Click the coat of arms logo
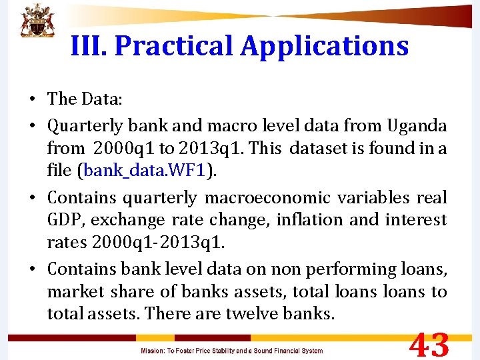pyautogui.click(x=36, y=21)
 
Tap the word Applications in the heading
pyautogui.click(x=325, y=46)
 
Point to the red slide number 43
pyautogui.click(x=429, y=345)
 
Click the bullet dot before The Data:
pyautogui.click(x=32, y=100)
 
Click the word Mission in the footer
pyautogui.click(x=154, y=351)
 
